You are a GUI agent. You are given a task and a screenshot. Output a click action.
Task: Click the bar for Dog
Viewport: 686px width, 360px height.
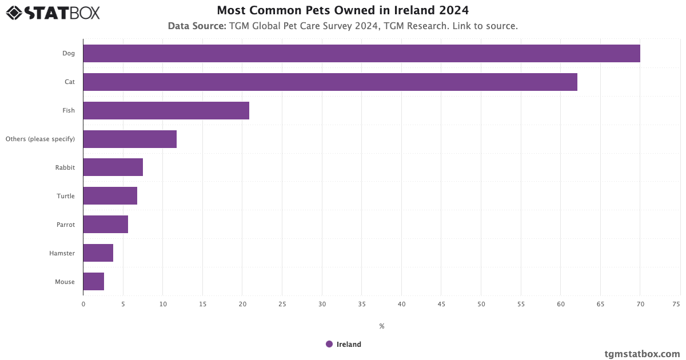tap(361, 53)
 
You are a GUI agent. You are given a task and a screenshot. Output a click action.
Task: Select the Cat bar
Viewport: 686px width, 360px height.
tap(330, 82)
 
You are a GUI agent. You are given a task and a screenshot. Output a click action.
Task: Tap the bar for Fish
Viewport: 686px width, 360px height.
tap(166, 110)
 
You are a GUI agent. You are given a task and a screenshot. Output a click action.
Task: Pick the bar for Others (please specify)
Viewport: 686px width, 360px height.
tap(130, 139)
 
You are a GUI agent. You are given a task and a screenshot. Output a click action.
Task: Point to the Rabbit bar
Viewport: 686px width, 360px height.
tap(113, 167)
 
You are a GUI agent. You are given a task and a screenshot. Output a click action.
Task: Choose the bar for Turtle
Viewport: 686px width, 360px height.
tap(110, 196)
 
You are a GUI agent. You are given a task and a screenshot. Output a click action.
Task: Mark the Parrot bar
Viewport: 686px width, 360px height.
tap(105, 225)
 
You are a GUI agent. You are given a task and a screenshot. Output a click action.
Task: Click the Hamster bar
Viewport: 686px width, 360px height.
tap(98, 253)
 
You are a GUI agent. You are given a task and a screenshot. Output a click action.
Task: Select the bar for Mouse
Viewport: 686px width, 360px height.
tap(93, 282)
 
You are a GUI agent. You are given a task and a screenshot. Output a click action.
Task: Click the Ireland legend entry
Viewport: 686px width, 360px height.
tap(344, 344)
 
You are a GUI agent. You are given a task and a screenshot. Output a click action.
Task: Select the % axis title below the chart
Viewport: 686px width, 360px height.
tap(382, 326)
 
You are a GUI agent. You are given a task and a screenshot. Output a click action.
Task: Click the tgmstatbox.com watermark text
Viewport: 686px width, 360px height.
tap(642, 354)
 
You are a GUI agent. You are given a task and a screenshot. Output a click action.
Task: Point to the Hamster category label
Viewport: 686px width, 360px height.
tap(62, 253)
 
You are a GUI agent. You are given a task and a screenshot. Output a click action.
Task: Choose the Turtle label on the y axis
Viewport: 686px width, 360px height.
tap(65, 196)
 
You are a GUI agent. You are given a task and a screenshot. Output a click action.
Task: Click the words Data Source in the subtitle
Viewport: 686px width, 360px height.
tap(197, 26)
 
